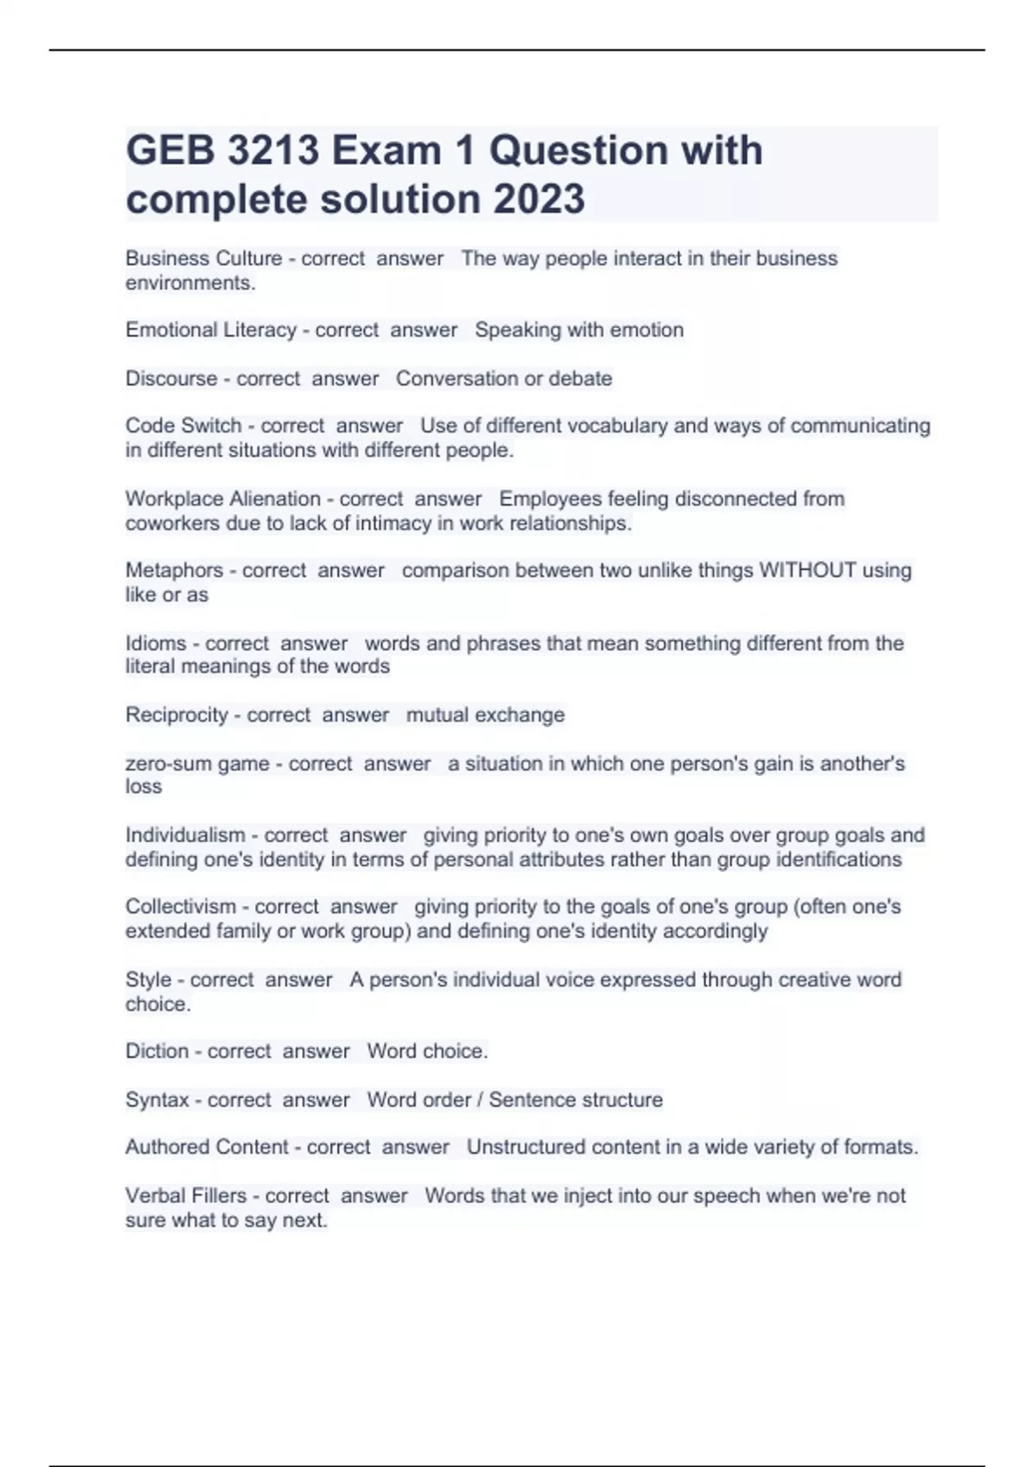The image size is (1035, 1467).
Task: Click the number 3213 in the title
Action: (x=273, y=151)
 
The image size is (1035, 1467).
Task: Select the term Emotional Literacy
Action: (x=210, y=330)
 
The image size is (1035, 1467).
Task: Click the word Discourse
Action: (x=171, y=378)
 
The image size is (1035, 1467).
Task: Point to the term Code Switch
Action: (x=183, y=425)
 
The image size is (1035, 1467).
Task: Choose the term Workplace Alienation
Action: (x=223, y=499)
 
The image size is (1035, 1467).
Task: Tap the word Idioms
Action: (x=155, y=643)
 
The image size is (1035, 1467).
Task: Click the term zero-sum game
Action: (x=197, y=764)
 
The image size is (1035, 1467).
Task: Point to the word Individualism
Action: (x=185, y=835)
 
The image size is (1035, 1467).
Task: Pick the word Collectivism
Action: (x=180, y=907)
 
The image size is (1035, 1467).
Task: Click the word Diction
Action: (x=156, y=1051)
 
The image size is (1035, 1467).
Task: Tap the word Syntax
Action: (x=157, y=1099)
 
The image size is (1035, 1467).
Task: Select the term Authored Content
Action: (x=206, y=1147)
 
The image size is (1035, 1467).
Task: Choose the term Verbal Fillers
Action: (x=185, y=1196)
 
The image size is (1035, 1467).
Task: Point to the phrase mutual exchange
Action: (x=485, y=715)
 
